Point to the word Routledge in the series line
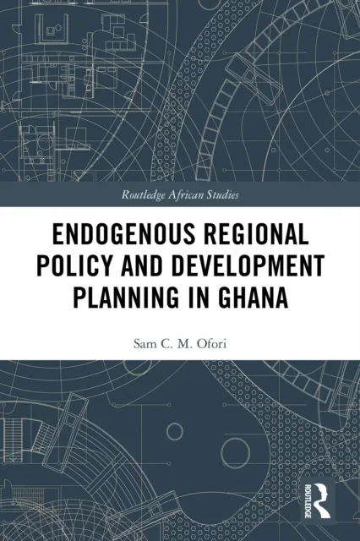point(150,194)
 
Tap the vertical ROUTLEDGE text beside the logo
point(307,499)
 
